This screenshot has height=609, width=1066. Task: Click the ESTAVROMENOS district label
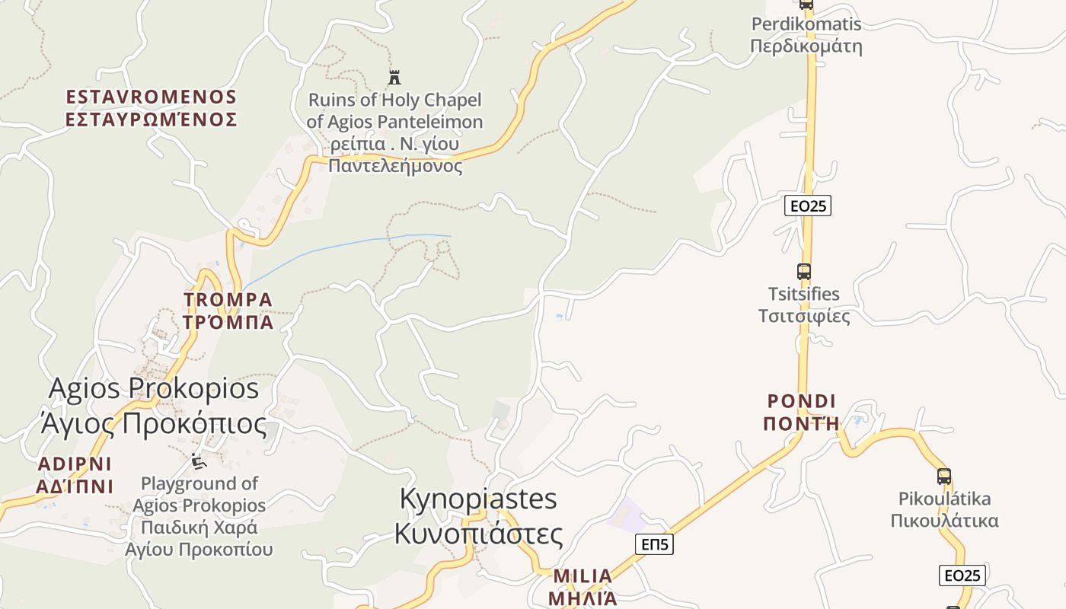152,108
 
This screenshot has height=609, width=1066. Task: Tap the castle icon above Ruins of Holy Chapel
394,77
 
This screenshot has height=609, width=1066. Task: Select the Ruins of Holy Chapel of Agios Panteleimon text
394,132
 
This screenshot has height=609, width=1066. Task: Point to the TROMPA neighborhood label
228,311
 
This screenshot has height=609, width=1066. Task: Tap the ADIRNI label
75,475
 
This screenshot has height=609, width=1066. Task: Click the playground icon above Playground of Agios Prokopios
198,461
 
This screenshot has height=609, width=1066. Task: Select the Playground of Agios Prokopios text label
199,515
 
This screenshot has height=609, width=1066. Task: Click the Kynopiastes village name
478,515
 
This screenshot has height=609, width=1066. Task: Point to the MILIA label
582,586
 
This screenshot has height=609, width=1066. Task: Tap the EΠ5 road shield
654,544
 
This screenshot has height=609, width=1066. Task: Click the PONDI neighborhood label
801,412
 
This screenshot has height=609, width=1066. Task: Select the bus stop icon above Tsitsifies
803,271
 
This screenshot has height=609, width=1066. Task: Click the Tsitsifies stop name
803,304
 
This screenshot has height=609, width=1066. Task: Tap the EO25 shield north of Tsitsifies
808,206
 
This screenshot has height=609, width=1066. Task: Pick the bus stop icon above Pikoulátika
944,477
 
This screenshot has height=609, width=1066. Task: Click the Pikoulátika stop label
944,510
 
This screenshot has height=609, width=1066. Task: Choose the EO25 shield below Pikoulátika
962,576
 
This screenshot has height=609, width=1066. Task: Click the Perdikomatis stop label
806,35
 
